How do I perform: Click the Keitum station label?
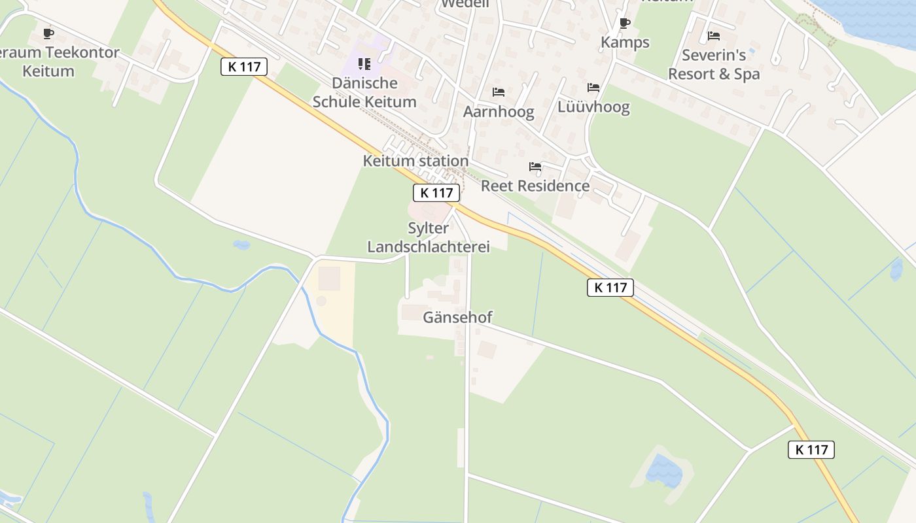pos(415,161)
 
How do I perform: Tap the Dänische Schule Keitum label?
pos(364,92)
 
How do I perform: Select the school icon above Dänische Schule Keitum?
pos(364,64)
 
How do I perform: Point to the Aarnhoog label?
pos(499,112)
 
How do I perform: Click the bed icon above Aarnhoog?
pos(499,92)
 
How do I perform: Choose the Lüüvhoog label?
pos(593,107)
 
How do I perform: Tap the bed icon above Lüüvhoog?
pos(593,88)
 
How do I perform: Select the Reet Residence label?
pos(535,186)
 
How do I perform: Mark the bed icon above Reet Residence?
pos(535,167)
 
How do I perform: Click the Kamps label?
pos(625,42)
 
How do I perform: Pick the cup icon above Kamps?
pos(625,24)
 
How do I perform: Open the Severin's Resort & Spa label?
pos(714,65)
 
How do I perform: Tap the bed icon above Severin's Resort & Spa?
pos(714,36)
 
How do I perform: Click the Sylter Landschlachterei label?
pos(429,237)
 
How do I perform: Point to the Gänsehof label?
pos(457,318)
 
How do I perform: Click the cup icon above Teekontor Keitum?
pos(48,33)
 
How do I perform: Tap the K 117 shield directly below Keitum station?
pos(436,193)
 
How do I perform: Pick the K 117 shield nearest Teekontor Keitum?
pos(244,67)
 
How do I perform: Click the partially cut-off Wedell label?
pos(465,4)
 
